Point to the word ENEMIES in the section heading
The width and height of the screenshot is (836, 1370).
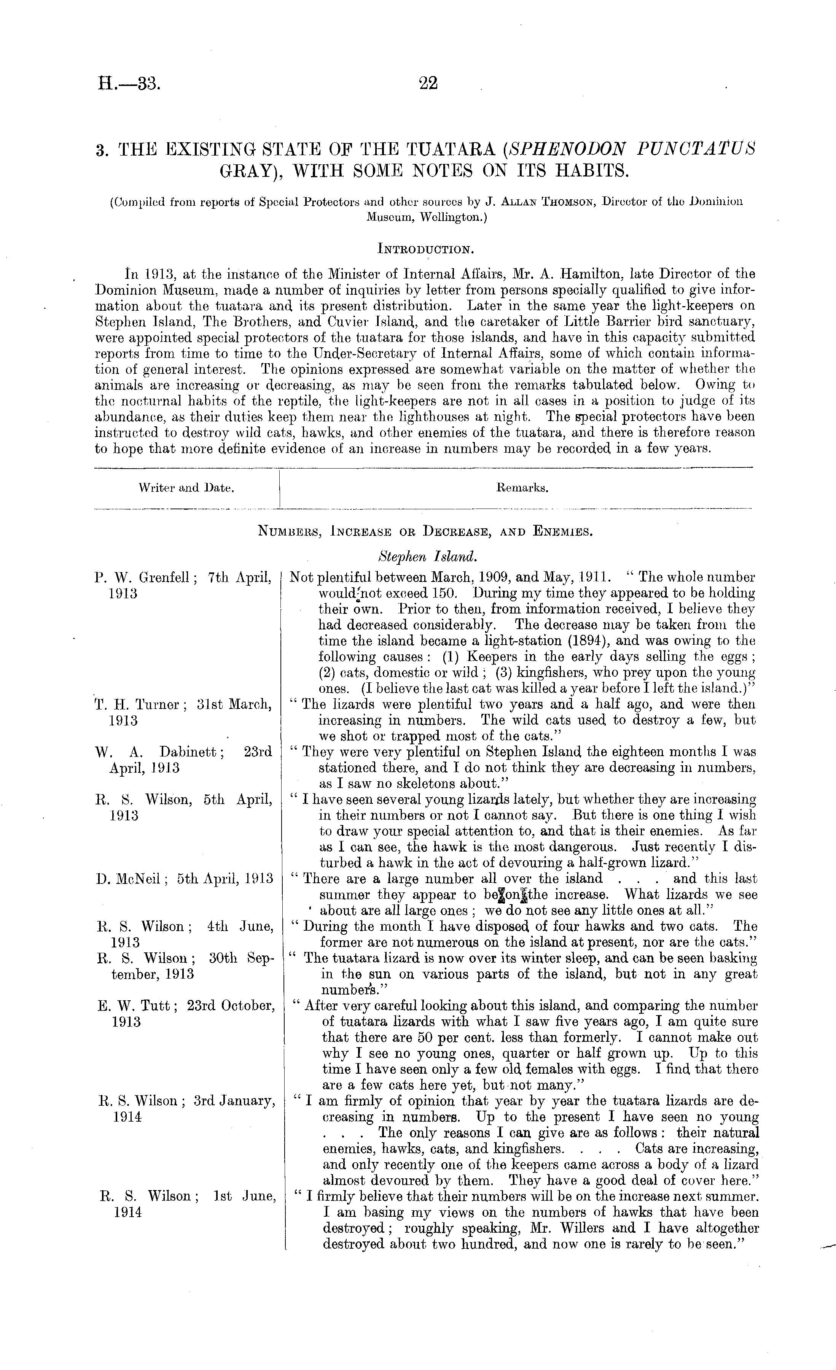(x=562, y=532)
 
